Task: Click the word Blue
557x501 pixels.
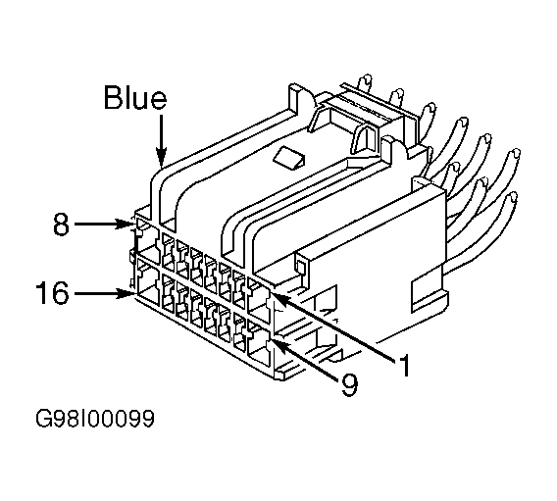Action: [x=134, y=97]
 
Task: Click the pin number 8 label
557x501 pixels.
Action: [x=61, y=225]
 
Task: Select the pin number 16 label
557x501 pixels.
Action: [x=52, y=293]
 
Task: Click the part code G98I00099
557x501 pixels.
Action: [x=95, y=419]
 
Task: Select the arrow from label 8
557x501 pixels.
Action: [x=103, y=225]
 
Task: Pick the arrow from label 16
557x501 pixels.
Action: [x=104, y=294]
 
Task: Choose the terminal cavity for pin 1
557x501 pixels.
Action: [x=259, y=301]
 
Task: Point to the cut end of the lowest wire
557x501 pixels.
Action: [x=512, y=197]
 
